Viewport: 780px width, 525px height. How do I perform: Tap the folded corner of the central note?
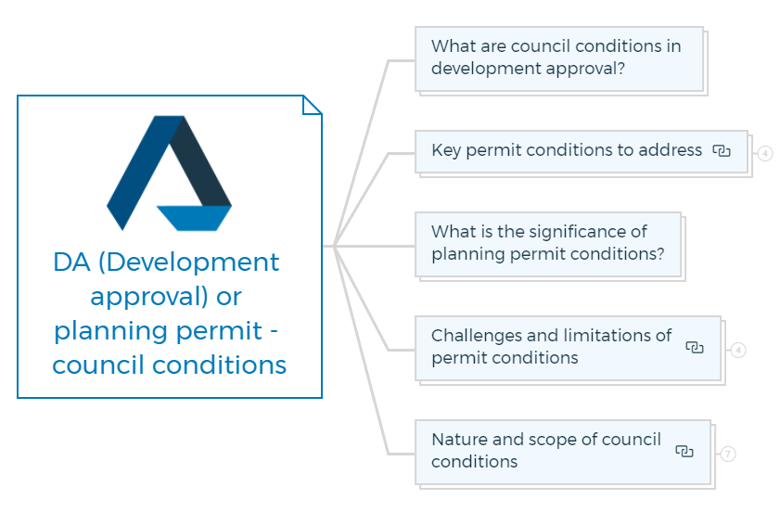(312, 105)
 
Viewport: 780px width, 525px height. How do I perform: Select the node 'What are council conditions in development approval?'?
(559, 58)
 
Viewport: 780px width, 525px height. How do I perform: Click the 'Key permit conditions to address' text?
(567, 150)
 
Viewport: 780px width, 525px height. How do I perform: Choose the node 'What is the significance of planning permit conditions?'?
(548, 244)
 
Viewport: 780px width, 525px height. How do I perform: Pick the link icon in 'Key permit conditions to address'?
(722, 150)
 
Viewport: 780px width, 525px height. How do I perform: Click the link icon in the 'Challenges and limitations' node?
(695, 347)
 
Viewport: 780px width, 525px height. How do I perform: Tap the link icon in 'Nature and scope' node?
(684, 451)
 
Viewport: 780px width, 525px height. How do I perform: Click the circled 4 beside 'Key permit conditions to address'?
(765, 153)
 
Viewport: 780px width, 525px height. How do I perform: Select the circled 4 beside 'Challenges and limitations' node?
(738, 350)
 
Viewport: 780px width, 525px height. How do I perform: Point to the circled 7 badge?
(728, 454)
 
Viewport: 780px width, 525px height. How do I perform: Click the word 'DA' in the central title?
(71, 262)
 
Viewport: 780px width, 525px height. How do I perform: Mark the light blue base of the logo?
(194, 218)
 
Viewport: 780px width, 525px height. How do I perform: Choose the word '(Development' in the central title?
(188, 263)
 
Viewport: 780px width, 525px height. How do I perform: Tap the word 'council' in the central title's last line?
(98, 365)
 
